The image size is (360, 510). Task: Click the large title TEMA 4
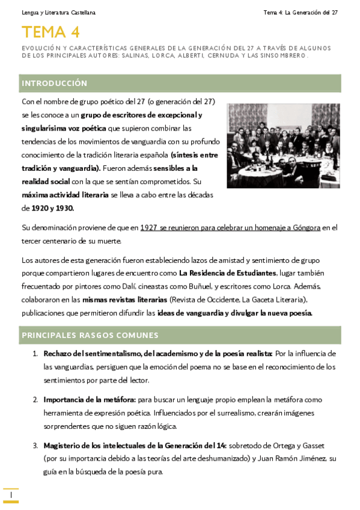pyautogui.click(x=50, y=32)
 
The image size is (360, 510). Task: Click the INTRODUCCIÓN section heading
pyautogui.click(x=54, y=83)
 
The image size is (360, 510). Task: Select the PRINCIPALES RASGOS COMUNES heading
pyautogui.click(x=90, y=335)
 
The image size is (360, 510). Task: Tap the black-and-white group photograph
pyautogui.click(x=284, y=146)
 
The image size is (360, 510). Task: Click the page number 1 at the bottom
pyautogui.click(x=11, y=495)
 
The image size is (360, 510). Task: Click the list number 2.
pyautogui.click(x=35, y=399)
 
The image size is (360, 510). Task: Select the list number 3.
pyautogui.click(x=35, y=446)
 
